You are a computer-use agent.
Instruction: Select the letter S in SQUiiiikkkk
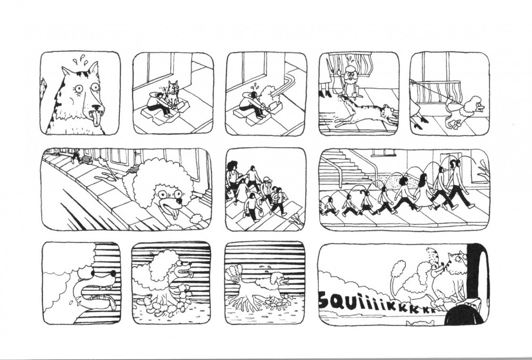(325, 298)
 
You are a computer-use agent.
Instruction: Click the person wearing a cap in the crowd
(265, 189)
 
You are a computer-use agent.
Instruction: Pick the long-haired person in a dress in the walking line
(422, 190)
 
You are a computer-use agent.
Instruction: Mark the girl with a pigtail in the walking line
(366, 202)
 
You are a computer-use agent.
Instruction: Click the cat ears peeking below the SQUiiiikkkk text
(420, 323)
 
